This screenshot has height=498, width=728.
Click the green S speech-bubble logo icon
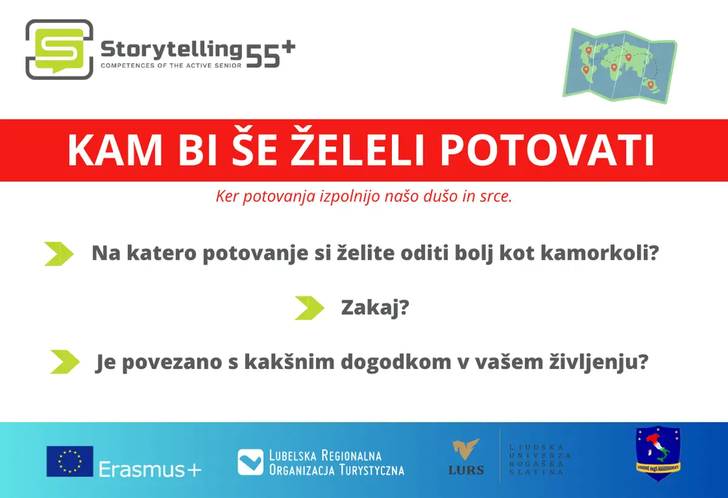59,49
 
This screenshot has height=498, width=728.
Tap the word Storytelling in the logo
171,50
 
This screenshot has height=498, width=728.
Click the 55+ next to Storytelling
271,54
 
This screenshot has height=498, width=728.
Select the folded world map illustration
620,66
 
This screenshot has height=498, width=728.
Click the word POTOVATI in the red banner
547,150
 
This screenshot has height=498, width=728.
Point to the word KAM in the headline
115,150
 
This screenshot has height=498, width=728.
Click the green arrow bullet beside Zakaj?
309,308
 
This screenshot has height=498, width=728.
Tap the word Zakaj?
375,308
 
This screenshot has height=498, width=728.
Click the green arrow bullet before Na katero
59,254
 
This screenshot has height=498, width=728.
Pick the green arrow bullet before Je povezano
65,362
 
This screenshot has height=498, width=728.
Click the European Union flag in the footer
70,461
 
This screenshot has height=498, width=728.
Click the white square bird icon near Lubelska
250,462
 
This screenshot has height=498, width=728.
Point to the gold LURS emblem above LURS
466,449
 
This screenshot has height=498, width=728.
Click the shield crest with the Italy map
658,454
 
